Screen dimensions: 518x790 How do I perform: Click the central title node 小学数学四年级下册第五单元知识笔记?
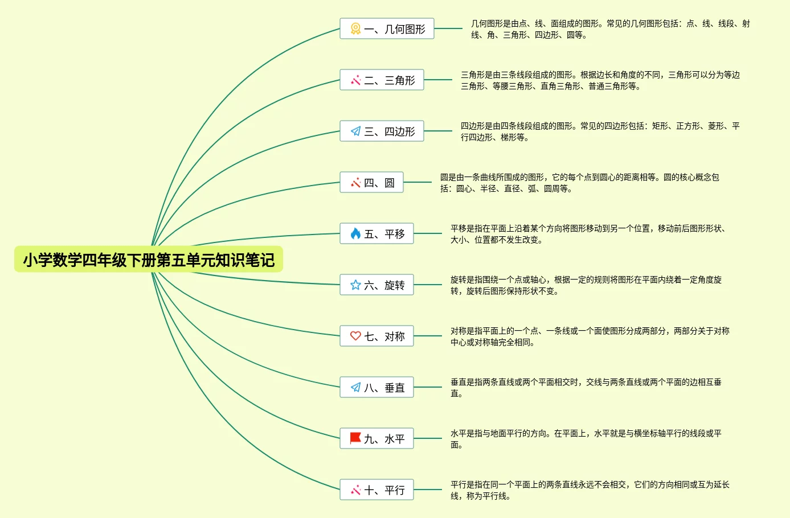coord(149,260)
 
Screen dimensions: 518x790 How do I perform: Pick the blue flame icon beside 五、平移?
coord(355,233)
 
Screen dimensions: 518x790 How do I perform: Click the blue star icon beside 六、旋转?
coord(355,285)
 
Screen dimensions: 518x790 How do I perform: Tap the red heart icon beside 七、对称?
coord(355,336)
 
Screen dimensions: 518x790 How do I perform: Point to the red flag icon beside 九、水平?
coord(355,438)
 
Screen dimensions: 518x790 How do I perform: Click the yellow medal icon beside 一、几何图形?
coord(355,28)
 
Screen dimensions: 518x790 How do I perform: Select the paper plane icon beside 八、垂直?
coord(355,387)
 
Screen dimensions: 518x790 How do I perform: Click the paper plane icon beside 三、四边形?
coord(355,131)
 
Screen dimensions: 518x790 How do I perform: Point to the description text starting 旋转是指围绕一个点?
coord(586,285)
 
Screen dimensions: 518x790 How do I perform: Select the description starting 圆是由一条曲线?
coord(579,183)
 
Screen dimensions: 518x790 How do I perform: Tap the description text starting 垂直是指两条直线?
coord(586,388)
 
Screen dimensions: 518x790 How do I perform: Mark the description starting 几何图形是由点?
coord(609,29)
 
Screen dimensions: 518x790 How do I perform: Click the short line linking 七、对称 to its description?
coord(428,336)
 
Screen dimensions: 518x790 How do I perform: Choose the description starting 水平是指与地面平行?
coord(586,439)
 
